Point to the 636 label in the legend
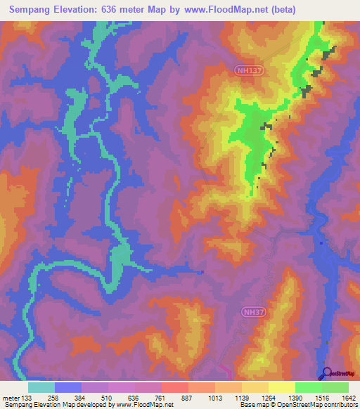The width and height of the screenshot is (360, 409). point(143,397)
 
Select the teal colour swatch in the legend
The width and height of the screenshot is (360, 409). point(41,387)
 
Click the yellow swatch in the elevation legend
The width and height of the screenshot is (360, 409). point(281,387)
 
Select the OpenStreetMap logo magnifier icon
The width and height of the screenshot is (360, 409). point(326,373)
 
